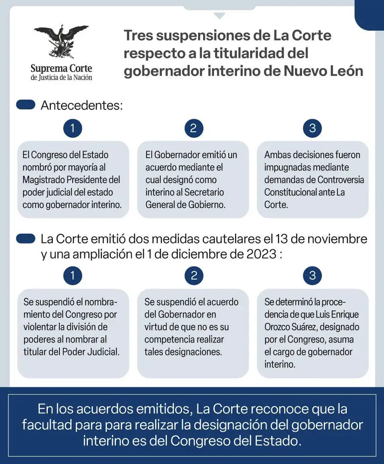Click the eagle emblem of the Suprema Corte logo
point(61,41)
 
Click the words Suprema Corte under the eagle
point(61,68)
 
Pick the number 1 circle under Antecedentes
point(73,128)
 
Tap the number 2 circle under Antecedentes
point(192,128)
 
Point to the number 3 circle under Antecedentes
point(312,128)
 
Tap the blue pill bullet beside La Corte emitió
point(25,239)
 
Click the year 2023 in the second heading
point(260,254)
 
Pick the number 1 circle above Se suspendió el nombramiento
point(73,276)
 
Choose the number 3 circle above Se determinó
point(312,276)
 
